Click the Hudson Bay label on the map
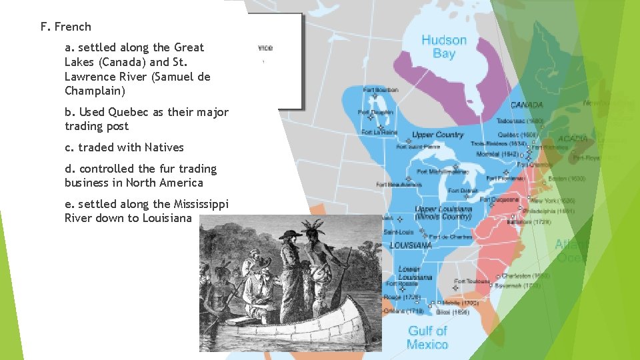(443, 47)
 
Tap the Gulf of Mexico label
(427, 337)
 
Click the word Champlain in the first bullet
(95, 91)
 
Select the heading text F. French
(65, 27)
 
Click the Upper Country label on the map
(437, 135)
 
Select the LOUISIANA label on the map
(411, 245)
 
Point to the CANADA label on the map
(527, 105)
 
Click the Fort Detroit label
(462, 191)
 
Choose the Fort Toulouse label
(472, 281)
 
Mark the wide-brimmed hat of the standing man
(291, 233)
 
